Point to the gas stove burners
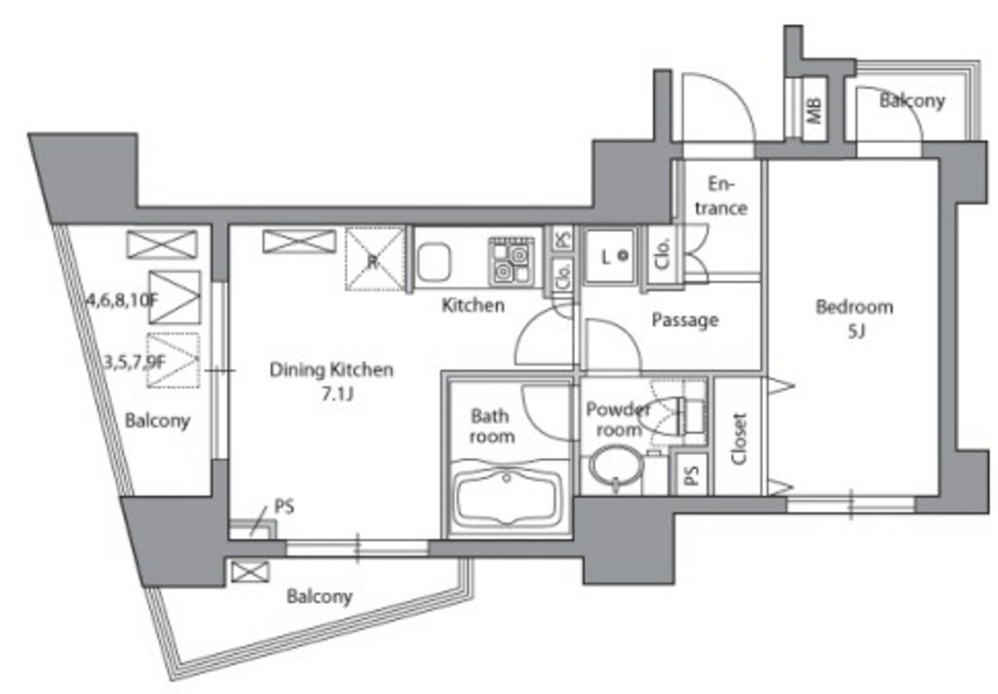[x=511, y=261]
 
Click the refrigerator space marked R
[x=374, y=258]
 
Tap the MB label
[x=815, y=109]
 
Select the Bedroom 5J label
[x=854, y=319]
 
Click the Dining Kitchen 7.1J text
[x=331, y=381]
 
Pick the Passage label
[x=685, y=320]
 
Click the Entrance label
[x=721, y=196]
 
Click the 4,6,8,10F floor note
[x=122, y=298]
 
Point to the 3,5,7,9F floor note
[x=134, y=363]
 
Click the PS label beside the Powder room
[x=692, y=475]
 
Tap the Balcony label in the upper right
[x=912, y=100]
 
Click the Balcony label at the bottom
[x=319, y=597]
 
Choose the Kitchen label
[x=473, y=305]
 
